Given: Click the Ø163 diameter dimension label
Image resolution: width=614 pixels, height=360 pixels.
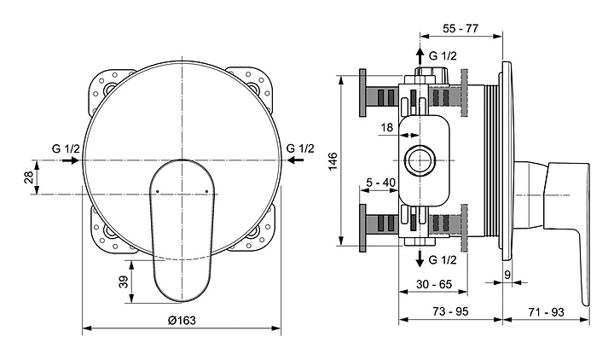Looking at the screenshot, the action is [182, 321].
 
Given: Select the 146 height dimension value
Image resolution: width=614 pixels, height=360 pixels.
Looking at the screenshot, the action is [333, 161].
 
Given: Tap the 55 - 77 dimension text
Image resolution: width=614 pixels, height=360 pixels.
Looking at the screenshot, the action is [460, 29].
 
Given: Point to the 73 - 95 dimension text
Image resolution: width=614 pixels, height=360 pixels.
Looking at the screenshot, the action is [451, 311].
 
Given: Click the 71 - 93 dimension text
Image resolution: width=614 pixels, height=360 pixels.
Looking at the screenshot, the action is [547, 312].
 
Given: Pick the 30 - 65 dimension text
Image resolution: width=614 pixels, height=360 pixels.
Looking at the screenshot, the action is [434, 284].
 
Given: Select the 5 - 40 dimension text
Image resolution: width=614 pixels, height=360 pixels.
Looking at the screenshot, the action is [380, 183].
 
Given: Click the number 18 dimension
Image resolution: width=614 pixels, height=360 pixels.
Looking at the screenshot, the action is [387, 127].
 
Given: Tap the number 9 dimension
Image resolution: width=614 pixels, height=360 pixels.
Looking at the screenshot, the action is [507, 275].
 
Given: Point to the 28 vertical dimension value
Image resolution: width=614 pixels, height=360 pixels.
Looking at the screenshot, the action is [29, 177].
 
